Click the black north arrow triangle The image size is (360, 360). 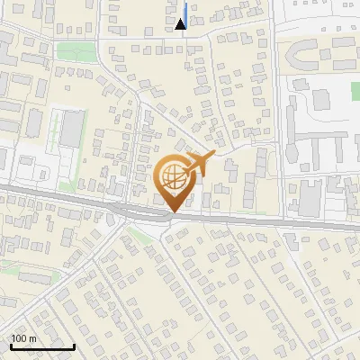click(x=181, y=24)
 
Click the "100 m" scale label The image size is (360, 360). click(x=23, y=338)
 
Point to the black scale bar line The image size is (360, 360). click(x=41, y=346)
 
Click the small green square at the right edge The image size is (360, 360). click(x=355, y=91)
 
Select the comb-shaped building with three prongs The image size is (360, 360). click(x=319, y=144)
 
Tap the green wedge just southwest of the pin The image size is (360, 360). click(x=135, y=236)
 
